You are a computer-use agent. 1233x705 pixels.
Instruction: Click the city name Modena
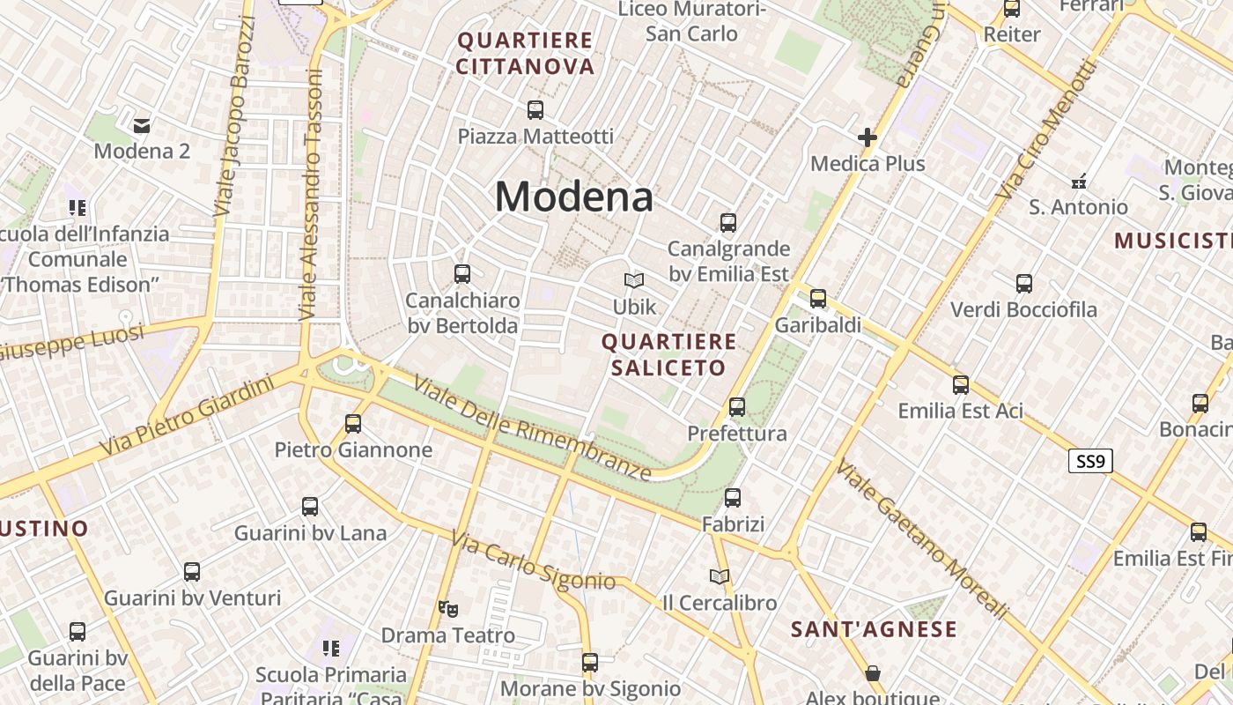(573, 196)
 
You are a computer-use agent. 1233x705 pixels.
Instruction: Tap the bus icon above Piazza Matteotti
(535, 110)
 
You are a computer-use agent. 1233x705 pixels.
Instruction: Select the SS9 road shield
(1090, 461)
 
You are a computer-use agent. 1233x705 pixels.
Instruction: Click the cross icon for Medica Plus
(868, 137)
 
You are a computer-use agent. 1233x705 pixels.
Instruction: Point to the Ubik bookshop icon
(634, 280)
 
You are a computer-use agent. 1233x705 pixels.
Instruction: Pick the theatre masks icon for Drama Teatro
(448, 608)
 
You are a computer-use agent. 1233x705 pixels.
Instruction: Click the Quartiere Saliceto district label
(668, 354)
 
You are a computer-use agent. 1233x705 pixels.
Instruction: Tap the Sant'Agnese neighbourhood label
(874, 629)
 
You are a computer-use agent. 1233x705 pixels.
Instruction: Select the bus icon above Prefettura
(737, 407)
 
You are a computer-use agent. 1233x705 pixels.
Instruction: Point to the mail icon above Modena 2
(142, 125)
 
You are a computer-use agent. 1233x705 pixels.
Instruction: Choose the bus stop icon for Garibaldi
(818, 299)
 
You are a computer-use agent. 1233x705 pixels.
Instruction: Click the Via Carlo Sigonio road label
(533, 561)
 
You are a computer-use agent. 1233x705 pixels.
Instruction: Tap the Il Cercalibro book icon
(720, 576)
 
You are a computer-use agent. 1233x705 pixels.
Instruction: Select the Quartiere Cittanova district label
(525, 53)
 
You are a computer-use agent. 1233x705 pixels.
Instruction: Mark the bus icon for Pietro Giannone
(353, 424)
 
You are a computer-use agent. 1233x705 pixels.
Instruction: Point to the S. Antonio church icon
(1079, 182)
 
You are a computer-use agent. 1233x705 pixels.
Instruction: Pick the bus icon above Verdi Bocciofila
(1024, 284)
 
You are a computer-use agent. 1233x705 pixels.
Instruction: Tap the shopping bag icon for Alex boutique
(873, 673)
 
